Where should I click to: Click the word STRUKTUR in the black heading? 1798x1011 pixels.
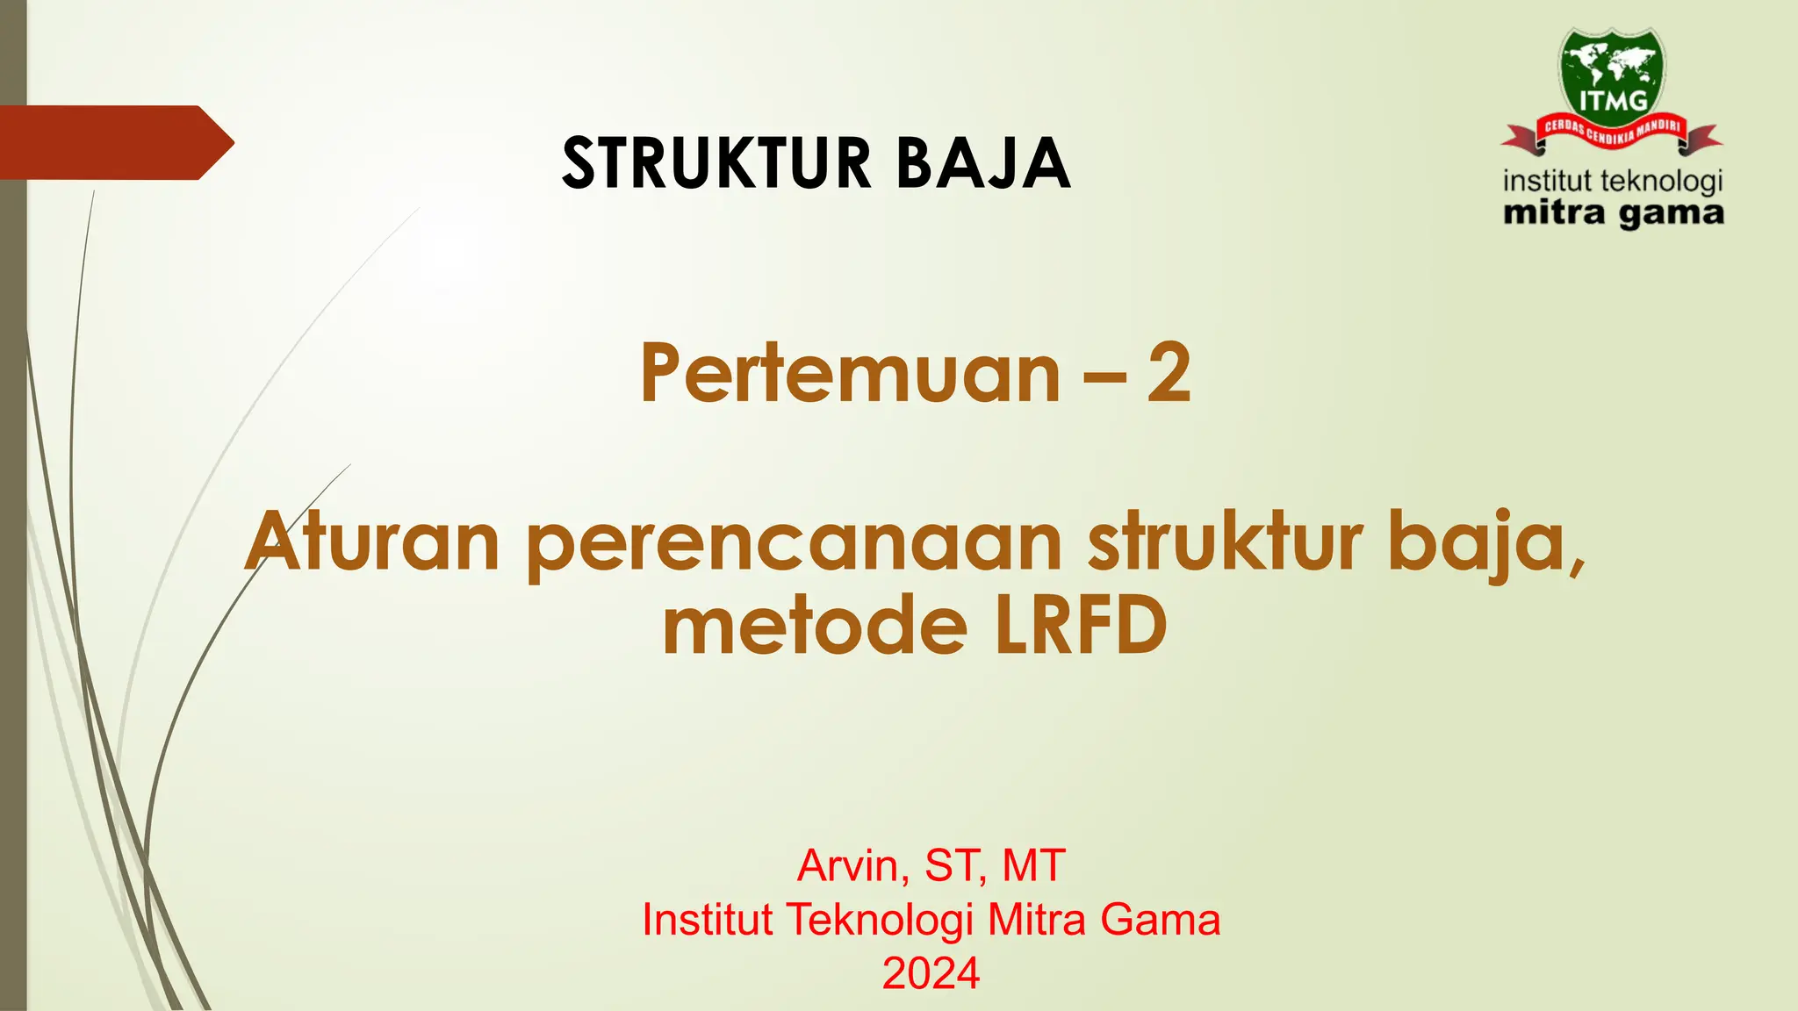pos(716,163)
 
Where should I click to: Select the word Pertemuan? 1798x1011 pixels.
pos(850,375)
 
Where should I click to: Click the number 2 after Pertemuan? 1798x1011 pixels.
pos(1169,375)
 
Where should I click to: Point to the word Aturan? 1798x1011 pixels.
pos(372,542)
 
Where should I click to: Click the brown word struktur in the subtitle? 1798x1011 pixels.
pos(1226,542)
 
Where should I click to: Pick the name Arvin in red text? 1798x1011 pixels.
pos(848,866)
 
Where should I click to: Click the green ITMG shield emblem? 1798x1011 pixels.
pos(1613,75)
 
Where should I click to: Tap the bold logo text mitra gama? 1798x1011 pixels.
pos(1613,214)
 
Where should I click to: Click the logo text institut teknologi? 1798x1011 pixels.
pos(1613,182)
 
